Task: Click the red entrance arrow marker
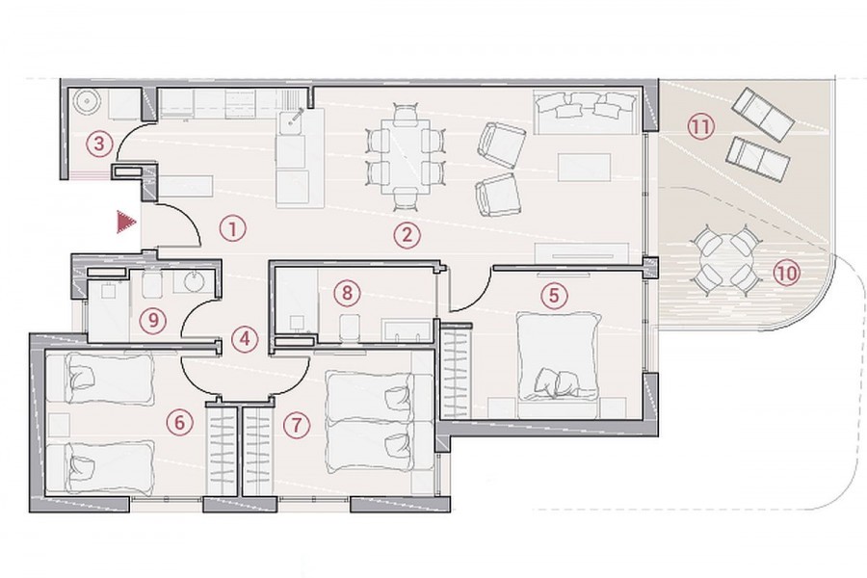[x=126, y=223]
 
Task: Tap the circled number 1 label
[x=232, y=228]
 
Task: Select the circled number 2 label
[x=407, y=235]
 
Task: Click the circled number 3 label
[x=99, y=144]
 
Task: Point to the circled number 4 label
[x=245, y=337]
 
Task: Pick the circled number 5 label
[x=554, y=296]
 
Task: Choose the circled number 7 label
[x=296, y=425]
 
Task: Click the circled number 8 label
[x=347, y=292]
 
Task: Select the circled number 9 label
[x=152, y=319]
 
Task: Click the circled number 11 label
[x=700, y=127]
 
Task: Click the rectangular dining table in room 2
[x=407, y=156]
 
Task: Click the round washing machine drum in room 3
[x=87, y=101]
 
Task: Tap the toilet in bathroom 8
[x=349, y=326]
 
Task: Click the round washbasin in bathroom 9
[x=194, y=281]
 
